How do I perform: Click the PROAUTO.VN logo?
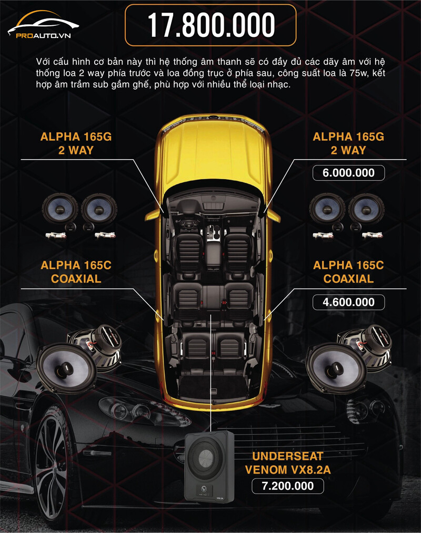43,25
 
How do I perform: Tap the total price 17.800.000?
210,25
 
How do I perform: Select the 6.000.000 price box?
348,173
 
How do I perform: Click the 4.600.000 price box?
348,302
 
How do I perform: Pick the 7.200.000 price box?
288,486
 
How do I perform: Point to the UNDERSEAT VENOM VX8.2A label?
288,463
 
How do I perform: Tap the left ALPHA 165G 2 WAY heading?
76,143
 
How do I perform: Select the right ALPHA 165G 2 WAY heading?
348,143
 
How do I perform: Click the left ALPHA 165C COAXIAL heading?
76,272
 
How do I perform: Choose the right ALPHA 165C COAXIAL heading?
348,272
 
